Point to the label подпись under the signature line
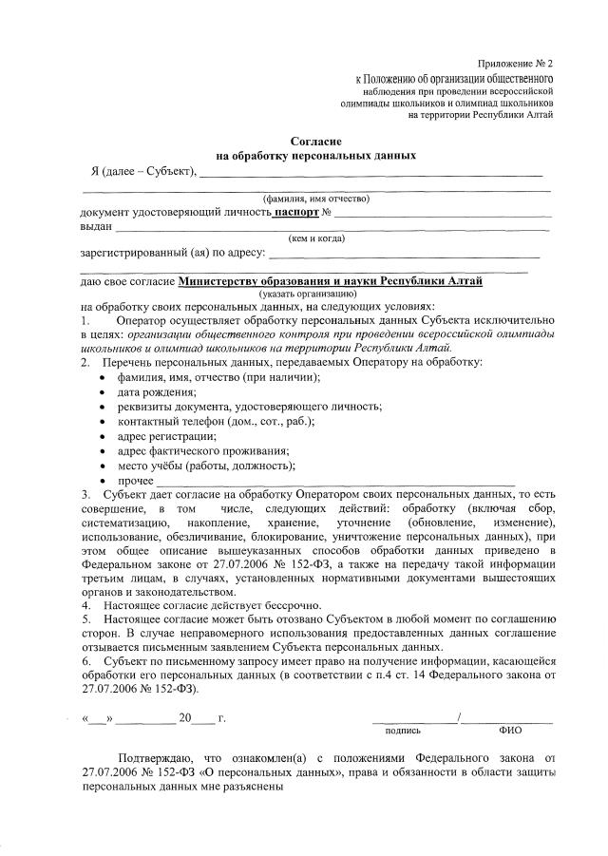coord(403,732)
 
